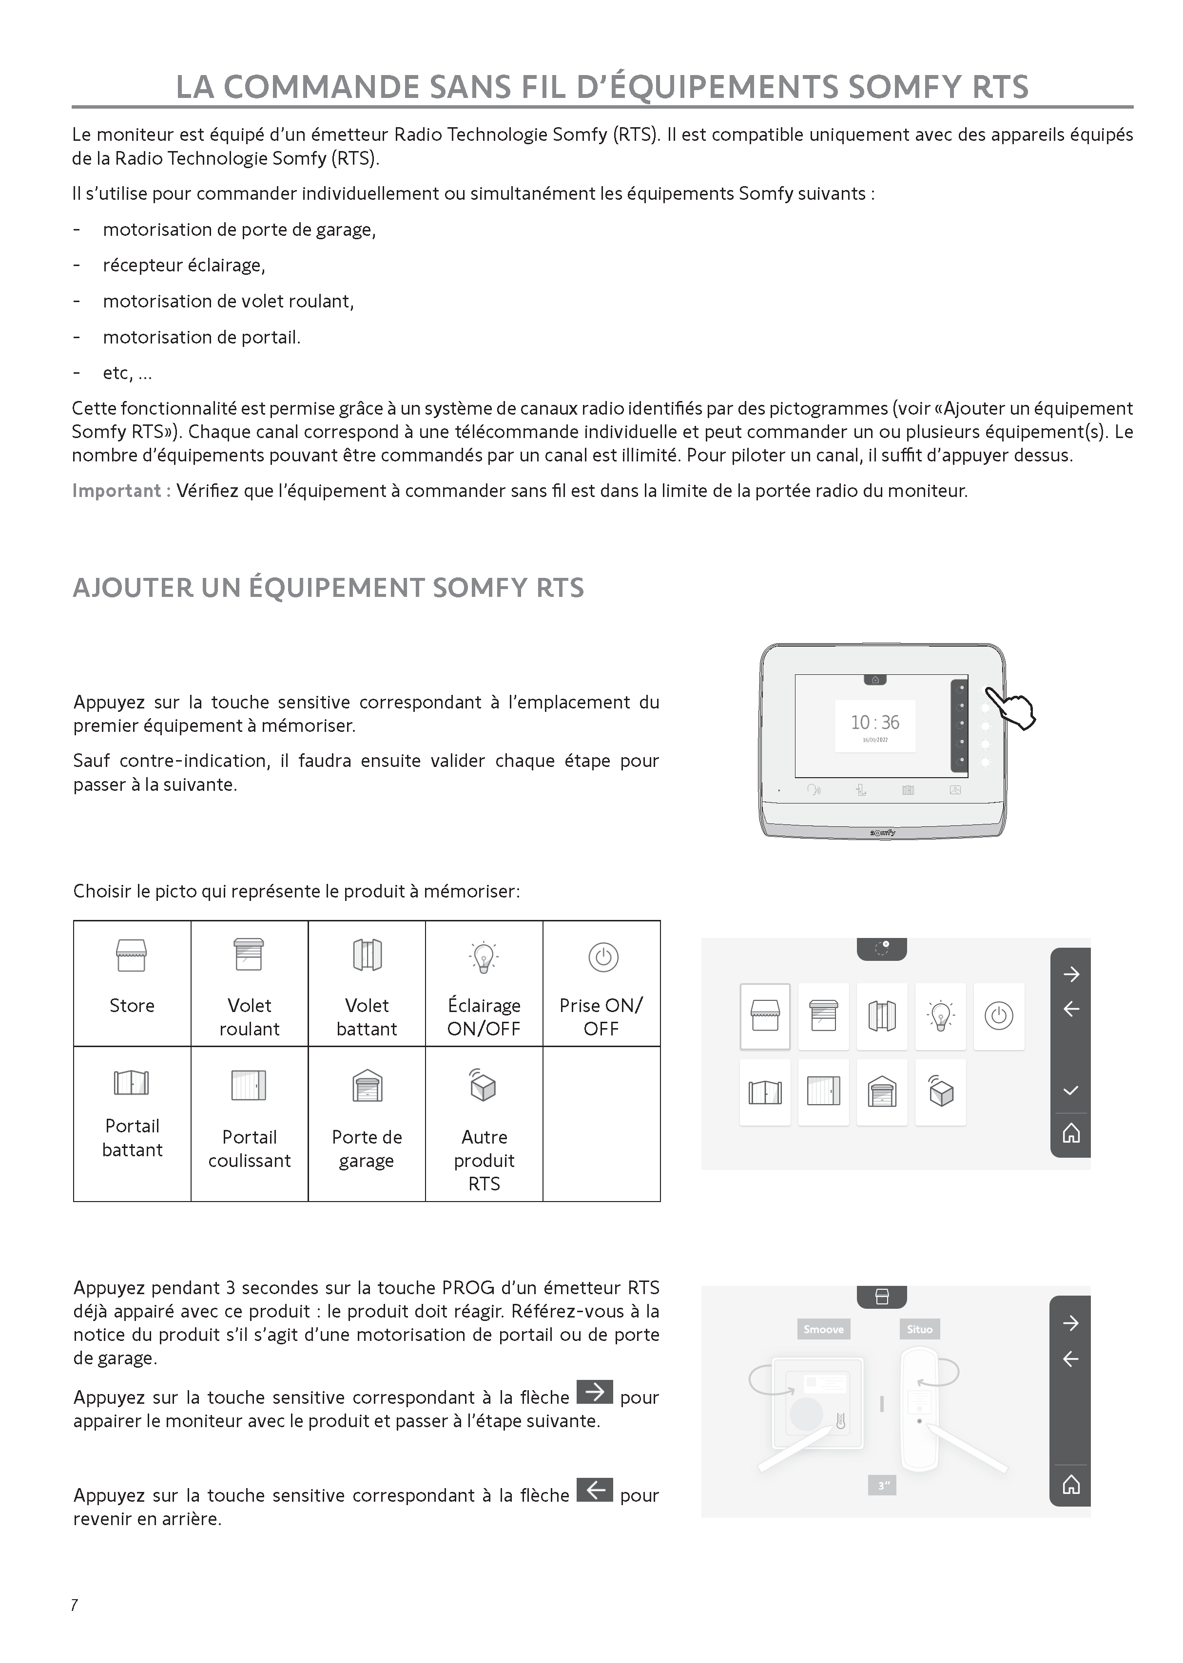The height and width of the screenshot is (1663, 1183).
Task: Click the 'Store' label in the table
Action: coord(132,1006)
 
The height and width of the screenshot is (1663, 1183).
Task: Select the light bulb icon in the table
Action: coord(484,957)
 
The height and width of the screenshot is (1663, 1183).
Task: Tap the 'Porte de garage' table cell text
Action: coord(367,1148)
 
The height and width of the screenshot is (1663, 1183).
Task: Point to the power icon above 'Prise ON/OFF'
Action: coord(603,957)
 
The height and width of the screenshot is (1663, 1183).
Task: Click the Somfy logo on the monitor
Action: coord(883,832)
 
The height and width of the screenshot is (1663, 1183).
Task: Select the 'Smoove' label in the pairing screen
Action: coord(823,1329)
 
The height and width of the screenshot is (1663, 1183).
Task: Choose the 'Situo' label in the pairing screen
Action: coord(919,1329)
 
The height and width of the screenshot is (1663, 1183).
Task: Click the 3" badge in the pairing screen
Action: coord(883,1485)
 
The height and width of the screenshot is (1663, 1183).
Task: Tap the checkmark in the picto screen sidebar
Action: coord(1070,1090)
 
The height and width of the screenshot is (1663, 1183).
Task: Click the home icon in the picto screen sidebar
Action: coord(1070,1133)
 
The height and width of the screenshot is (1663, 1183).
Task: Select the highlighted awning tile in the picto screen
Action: coord(765,1016)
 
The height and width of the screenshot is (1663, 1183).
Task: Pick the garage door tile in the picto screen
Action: coord(882,1092)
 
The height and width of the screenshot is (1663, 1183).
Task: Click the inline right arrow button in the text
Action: coord(594,1392)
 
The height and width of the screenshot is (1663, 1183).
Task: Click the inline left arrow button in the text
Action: coord(594,1490)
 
